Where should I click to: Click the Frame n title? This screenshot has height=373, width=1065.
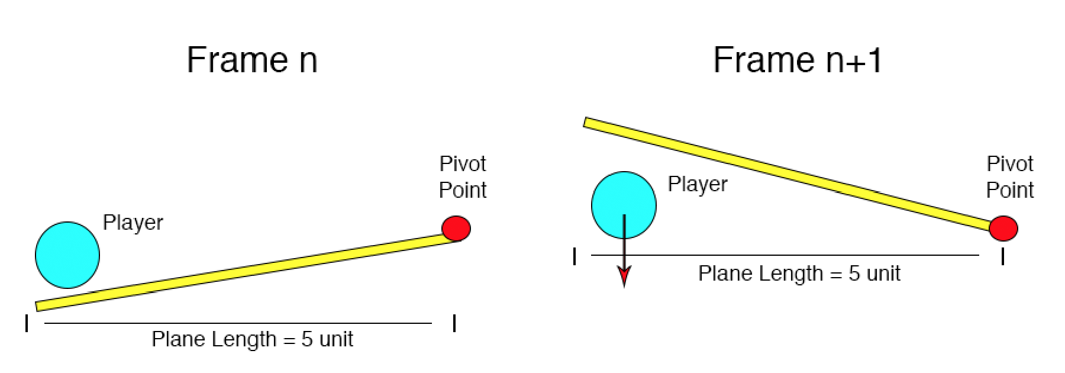point(252,60)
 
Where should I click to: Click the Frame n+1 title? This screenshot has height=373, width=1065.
point(798,60)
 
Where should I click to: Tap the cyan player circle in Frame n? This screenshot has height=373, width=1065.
point(67,255)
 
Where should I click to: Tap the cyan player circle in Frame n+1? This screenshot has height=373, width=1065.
point(624,205)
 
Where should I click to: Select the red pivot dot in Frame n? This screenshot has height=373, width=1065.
point(456,228)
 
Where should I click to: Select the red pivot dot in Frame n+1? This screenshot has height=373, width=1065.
point(1003,228)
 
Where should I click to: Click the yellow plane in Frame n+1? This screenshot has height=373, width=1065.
point(790,173)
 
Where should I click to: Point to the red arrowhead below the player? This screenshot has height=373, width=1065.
point(624,276)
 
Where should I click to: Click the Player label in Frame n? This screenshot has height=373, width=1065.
point(133,223)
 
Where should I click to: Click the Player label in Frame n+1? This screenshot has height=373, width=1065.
point(698,184)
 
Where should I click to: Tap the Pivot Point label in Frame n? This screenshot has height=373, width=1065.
point(463,177)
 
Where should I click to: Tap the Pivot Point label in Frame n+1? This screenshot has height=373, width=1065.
point(1010,177)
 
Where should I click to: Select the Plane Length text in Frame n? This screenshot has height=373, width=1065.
point(252,339)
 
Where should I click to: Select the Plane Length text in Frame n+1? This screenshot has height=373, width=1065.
point(799,274)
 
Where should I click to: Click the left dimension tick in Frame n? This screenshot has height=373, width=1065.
point(27,323)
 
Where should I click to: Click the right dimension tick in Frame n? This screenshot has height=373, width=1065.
point(454,323)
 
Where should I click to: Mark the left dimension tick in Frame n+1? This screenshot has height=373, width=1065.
point(575,256)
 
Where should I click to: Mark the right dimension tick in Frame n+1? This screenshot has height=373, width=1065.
point(1002,256)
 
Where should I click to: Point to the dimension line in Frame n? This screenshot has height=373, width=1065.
point(238,323)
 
